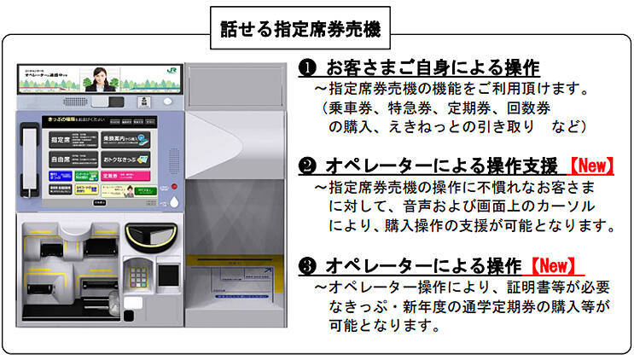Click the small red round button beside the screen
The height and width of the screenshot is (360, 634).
point(173,185)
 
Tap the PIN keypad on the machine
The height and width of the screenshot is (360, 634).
point(138,275)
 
